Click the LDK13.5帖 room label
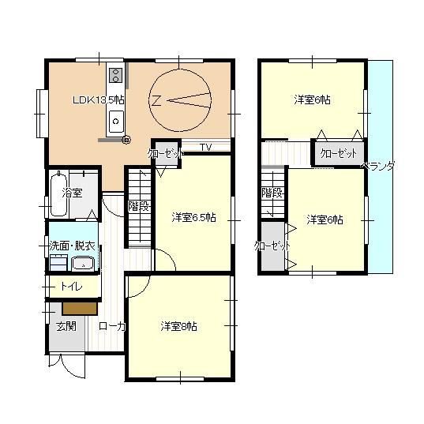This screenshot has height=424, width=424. (x=99, y=100)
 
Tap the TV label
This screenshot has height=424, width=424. (x=206, y=148)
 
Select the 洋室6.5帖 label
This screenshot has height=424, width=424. (x=193, y=217)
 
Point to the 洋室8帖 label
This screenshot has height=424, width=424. (x=178, y=326)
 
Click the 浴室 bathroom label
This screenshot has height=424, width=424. (x=72, y=193)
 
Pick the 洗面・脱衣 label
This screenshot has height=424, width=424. (x=72, y=246)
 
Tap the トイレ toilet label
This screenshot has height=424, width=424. (x=71, y=286)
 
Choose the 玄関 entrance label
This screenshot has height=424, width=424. (x=66, y=326)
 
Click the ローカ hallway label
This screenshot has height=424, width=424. (x=112, y=326)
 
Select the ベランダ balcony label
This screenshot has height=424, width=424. (x=378, y=166)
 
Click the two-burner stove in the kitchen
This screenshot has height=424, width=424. (x=116, y=76)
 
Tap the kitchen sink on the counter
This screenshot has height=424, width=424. (x=116, y=122)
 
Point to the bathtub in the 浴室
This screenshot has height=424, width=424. (x=58, y=194)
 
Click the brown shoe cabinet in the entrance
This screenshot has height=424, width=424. (x=80, y=309)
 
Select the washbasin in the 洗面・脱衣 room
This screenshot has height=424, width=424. (x=83, y=264)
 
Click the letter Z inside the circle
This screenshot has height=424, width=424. (x=156, y=100)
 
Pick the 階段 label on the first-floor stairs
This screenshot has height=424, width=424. (x=139, y=207)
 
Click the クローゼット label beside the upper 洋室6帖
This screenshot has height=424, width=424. (x=338, y=154)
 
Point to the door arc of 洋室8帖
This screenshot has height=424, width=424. (x=144, y=290)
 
